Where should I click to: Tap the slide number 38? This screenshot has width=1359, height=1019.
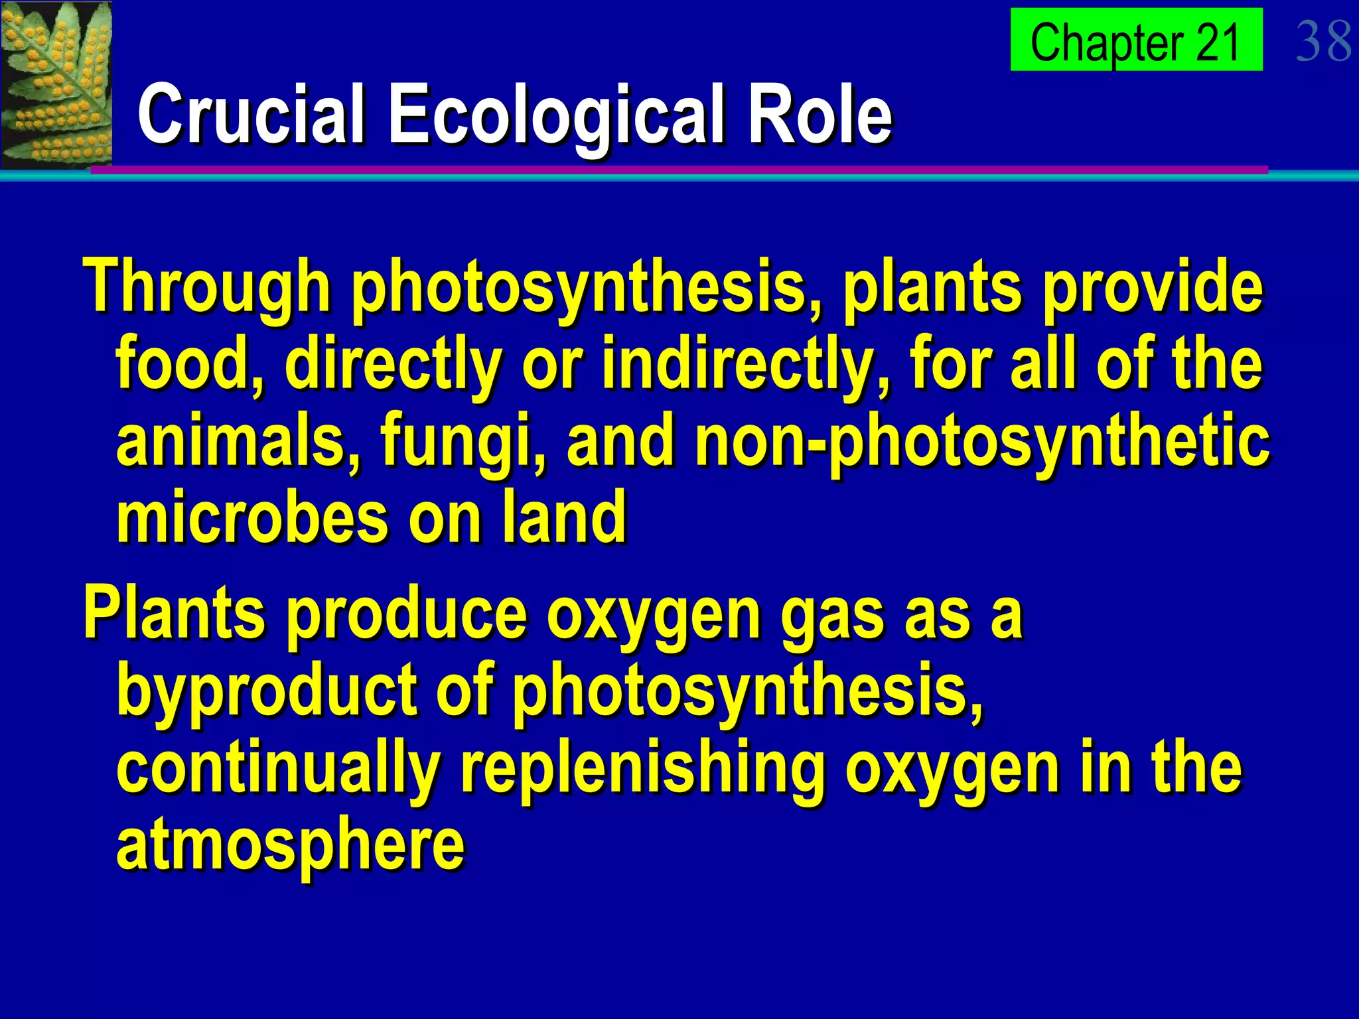point(1323,41)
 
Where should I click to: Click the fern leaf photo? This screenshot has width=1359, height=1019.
point(56,84)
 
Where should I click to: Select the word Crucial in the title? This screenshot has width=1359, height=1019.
point(251,114)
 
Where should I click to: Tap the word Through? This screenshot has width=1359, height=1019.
point(206,287)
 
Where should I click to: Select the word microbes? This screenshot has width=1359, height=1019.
point(252,517)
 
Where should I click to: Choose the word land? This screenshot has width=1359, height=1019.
point(563,517)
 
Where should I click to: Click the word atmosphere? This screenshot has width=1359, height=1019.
point(291,845)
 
